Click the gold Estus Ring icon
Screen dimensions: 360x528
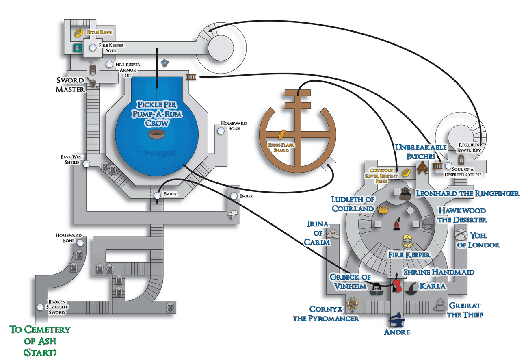tap(78, 32)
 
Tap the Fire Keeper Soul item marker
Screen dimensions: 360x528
tap(93, 48)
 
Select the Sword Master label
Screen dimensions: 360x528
tap(70, 85)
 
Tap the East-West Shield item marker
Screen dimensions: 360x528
tap(87, 163)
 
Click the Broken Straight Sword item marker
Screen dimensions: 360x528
tap(40, 307)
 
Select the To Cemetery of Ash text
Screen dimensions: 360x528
tap(40, 340)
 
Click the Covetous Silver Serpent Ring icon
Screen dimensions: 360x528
tap(405, 172)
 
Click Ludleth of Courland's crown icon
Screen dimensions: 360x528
tap(383, 210)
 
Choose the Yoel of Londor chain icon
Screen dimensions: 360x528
tap(461, 235)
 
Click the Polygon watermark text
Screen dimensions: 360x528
tap(160, 153)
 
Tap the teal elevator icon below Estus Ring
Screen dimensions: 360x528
tap(77, 48)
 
